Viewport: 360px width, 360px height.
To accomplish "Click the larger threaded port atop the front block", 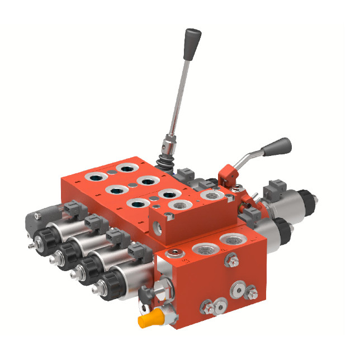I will click(230, 241).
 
